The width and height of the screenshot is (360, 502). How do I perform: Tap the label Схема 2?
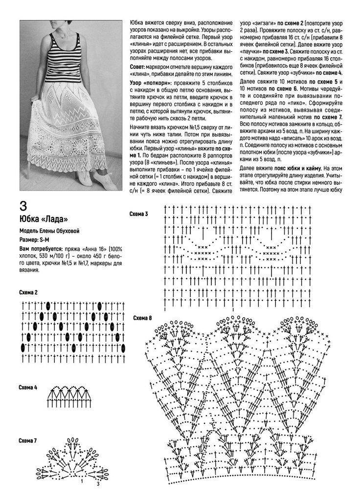click(28, 292)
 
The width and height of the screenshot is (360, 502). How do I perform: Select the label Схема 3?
click(138, 214)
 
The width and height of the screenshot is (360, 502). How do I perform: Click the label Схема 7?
click(28, 441)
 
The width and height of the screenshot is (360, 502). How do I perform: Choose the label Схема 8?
click(142, 318)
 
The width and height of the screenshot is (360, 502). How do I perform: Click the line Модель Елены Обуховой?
click(49, 231)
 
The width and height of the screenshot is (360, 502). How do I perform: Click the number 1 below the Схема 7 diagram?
click(82, 481)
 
